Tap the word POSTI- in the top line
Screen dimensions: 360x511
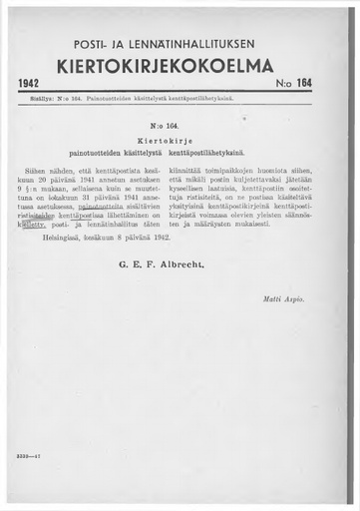93,46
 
